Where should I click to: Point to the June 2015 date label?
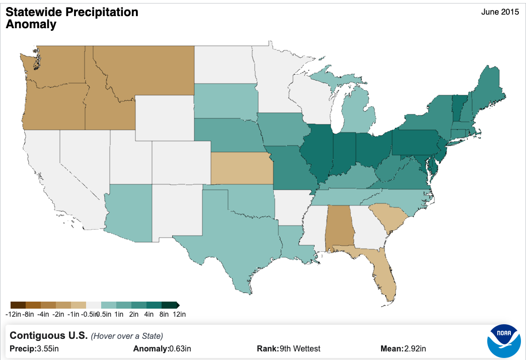pyautogui.click(x=500, y=12)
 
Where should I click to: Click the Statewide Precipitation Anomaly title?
pyautogui.click(x=71, y=18)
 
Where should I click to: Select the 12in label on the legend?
pyautogui.click(x=180, y=315)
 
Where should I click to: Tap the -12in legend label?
pyautogui.click(x=13, y=315)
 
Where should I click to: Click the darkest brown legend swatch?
pyautogui.click(x=18, y=305)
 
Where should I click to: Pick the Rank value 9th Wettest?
pyautogui.click(x=300, y=348)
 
